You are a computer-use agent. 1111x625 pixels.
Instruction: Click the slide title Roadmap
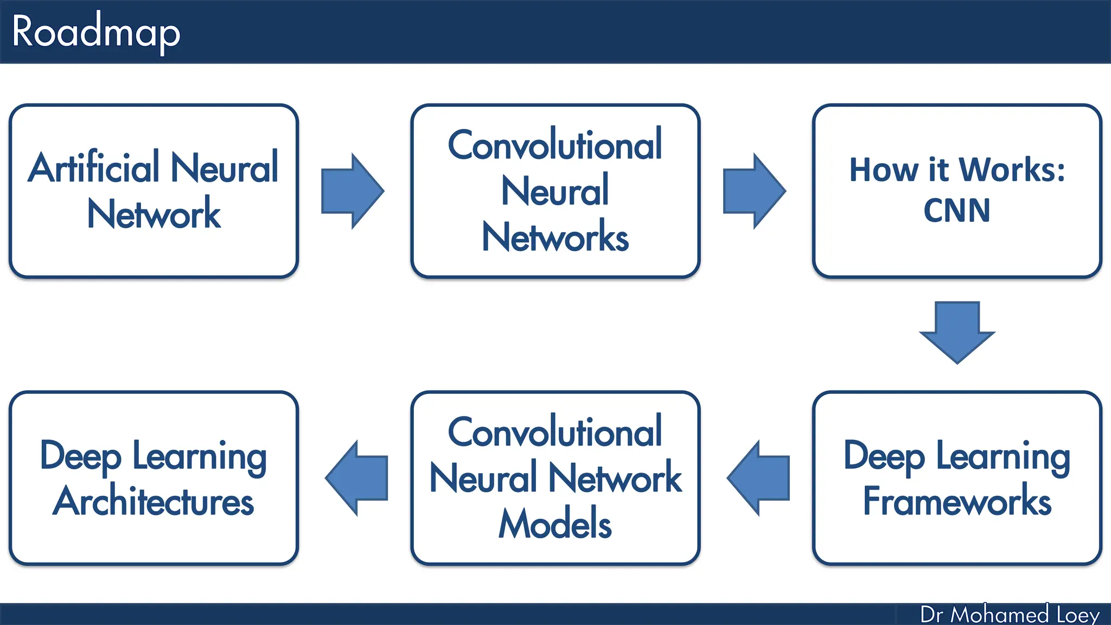[x=95, y=33]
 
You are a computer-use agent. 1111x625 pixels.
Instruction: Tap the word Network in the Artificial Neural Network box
[x=154, y=214]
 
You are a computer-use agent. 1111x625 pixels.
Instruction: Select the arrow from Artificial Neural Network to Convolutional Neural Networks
[x=352, y=191]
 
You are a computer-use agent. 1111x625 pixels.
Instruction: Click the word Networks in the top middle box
[x=555, y=237]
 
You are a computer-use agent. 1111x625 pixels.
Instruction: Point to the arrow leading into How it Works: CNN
[x=754, y=191]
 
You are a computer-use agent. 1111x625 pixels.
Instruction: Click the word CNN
[x=956, y=211]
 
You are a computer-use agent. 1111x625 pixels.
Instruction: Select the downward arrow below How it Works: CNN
[x=957, y=331]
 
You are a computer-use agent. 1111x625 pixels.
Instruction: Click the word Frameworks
[x=957, y=501]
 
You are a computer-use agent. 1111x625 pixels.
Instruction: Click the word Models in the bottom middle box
[x=555, y=524]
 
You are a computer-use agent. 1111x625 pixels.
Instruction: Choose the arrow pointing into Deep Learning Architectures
[x=357, y=478]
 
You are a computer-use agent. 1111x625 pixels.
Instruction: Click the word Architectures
[x=154, y=501]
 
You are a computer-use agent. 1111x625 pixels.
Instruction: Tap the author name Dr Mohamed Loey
[x=1010, y=615]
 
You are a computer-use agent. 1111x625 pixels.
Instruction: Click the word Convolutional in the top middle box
[x=555, y=145]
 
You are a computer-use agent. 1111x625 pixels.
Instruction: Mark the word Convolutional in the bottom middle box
[x=555, y=432]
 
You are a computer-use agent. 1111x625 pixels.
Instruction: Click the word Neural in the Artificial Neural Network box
[x=224, y=168]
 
